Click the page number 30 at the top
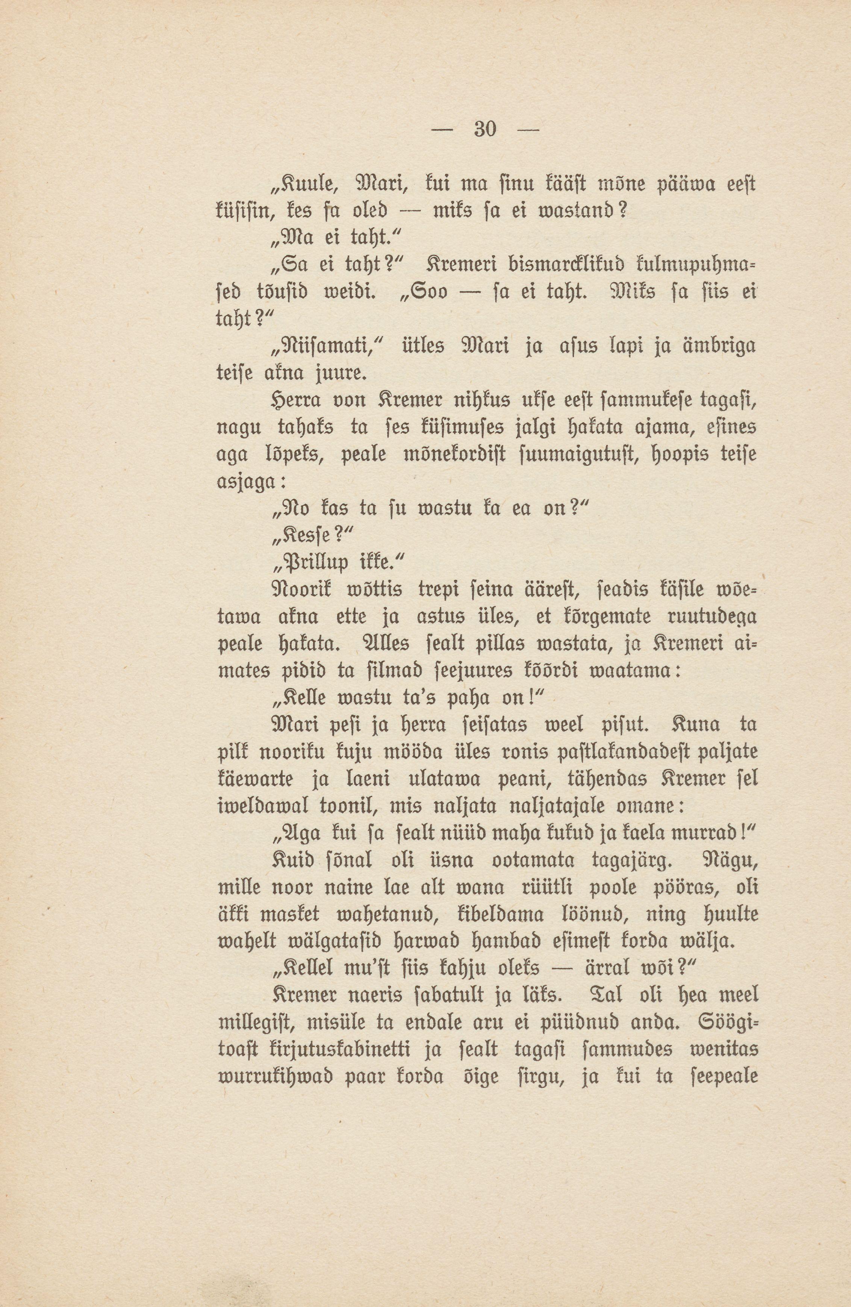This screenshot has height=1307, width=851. (485, 130)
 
